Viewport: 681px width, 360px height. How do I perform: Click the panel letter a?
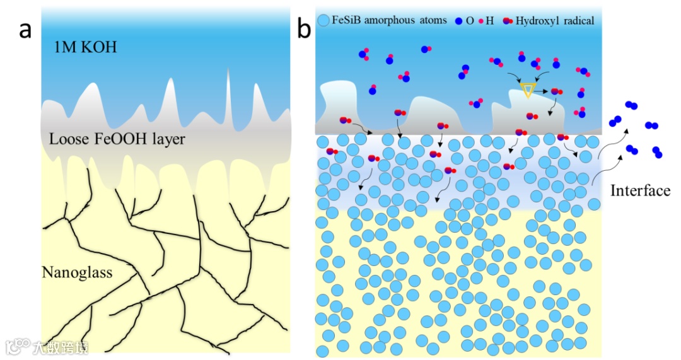click(x=25, y=30)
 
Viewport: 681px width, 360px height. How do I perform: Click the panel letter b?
click(x=305, y=30)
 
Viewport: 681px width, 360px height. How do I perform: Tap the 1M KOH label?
click(x=86, y=47)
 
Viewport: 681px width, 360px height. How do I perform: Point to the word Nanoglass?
click(x=77, y=272)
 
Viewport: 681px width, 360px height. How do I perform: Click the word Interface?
click(x=640, y=190)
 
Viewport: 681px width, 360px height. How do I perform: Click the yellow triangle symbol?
click(x=528, y=91)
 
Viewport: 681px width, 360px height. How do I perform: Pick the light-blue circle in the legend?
click(x=324, y=21)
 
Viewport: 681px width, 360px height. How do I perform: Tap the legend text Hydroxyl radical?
click(x=554, y=21)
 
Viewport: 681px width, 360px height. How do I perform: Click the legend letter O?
click(x=470, y=21)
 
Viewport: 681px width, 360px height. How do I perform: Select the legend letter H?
click(x=489, y=21)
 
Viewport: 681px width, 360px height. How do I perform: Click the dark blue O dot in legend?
click(x=458, y=21)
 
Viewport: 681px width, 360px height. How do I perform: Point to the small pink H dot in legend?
click(x=480, y=21)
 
